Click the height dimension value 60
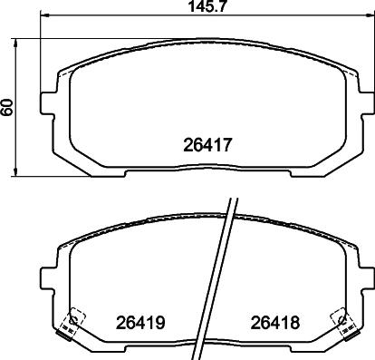click(x=9, y=106)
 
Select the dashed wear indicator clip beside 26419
click(x=71, y=317)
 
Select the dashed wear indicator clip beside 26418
click(x=342, y=317)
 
